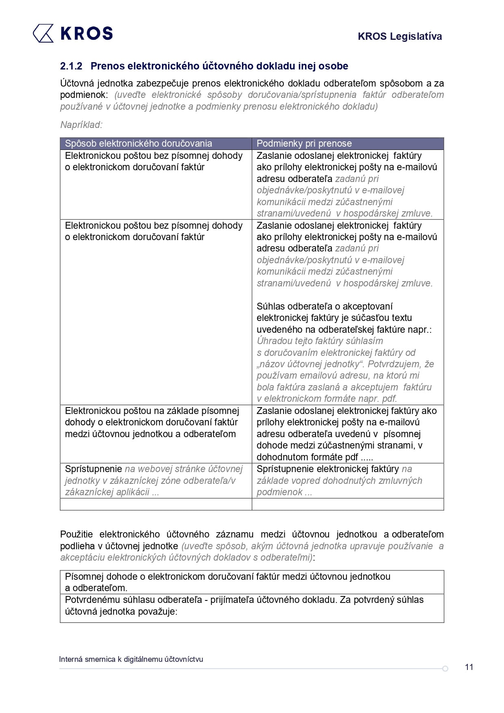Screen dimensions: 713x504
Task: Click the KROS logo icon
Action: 43,33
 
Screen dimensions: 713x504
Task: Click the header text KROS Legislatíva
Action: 400,37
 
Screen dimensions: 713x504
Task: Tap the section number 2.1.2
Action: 71,66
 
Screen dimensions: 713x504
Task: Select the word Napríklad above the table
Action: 81,125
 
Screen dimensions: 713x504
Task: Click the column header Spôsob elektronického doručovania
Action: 138,143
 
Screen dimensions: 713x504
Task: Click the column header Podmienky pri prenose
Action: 304,143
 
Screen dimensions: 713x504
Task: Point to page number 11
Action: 469,667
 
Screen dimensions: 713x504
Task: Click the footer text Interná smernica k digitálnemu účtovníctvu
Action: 131,659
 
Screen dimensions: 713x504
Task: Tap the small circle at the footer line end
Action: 445,668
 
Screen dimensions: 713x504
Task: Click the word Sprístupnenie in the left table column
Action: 93,469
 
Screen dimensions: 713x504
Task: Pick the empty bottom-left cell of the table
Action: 156,504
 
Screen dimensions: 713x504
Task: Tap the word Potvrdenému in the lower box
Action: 93,600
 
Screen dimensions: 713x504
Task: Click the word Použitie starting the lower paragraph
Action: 76,534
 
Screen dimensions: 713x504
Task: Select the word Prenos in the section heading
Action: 107,66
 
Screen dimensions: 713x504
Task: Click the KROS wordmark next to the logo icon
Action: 87,33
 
